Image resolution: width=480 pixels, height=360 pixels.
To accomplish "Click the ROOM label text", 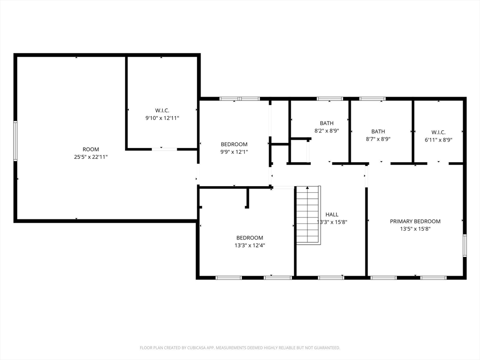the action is click(90, 150).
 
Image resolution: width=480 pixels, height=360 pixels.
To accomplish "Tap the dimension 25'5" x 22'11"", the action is click(90, 157).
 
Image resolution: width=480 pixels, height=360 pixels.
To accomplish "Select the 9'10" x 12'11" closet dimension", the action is click(162, 118).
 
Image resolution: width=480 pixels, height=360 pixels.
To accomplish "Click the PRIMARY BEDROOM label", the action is click(415, 221).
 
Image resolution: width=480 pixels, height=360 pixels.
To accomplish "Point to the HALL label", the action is click(332, 215).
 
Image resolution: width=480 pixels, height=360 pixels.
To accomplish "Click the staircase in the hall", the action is click(308, 215).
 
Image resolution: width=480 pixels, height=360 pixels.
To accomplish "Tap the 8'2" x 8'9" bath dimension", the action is click(327, 131).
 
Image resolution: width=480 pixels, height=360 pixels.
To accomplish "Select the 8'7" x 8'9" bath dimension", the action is click(378, 139).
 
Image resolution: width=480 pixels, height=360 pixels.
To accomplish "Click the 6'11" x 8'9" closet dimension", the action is click(438, 140).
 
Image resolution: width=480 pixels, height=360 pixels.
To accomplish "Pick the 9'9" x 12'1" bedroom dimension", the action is click(234, 152).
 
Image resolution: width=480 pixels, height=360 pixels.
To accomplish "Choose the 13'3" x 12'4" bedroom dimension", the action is click(250, 245).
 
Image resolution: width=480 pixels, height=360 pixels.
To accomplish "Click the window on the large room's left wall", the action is click(15, 141).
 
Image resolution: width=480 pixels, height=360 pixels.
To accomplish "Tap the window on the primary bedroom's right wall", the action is click(465, 245).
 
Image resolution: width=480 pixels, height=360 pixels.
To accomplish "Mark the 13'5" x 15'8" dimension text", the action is click(415, 229).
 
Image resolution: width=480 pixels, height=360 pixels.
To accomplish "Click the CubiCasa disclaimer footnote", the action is click(240, 348).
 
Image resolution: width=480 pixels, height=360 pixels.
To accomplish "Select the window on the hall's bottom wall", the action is click(331, 277).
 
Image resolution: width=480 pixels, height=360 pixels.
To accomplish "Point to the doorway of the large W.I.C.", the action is click(165, 149).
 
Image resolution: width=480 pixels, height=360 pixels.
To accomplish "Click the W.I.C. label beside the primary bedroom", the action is click(438, 132).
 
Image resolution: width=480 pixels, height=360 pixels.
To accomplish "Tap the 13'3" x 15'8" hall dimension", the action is click(332, 222).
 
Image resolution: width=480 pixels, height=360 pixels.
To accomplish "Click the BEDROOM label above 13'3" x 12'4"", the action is click(250, 238).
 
